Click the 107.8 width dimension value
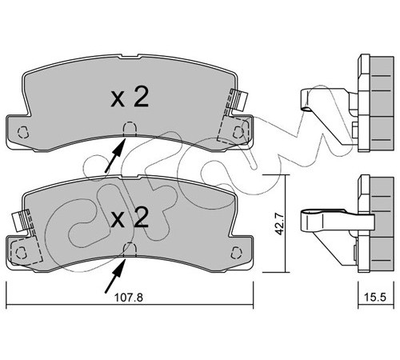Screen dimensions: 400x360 point(129,298)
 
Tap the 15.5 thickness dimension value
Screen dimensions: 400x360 point(376,297)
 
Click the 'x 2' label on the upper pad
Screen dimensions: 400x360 point(130,98)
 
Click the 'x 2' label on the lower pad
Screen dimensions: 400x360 point(130,218)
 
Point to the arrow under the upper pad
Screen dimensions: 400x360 point(115,155)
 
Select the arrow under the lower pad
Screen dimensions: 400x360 point(115,276)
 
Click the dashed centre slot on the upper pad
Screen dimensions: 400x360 point(130,129)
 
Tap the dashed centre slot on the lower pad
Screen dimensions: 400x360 point(130,250)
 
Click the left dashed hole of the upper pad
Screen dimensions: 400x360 point(22,132)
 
